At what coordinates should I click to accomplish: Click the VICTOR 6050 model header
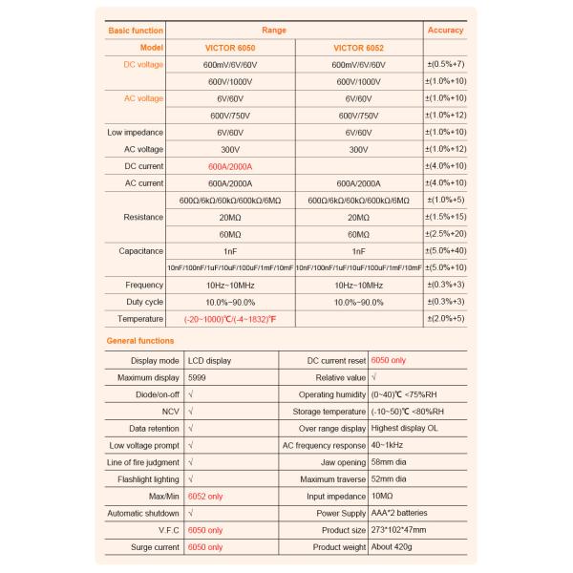[230, 47]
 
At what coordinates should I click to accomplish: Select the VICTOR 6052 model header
[358, 47]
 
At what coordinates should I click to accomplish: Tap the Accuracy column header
[446, 31]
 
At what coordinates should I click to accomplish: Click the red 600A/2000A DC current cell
[230, 165]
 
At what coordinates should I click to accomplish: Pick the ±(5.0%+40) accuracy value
[446, 250]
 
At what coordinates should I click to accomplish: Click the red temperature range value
[230, 318]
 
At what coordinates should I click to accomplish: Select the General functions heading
[140, 340]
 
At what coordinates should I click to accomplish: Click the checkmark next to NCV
[191, 412]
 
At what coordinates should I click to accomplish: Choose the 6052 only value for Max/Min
[205, 496]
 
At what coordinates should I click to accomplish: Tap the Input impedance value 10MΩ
[382, 496]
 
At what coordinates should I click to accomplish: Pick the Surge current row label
[154, 546]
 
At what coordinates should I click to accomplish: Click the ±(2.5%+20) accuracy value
[446, 233]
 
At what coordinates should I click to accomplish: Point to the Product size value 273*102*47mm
[399, 529]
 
